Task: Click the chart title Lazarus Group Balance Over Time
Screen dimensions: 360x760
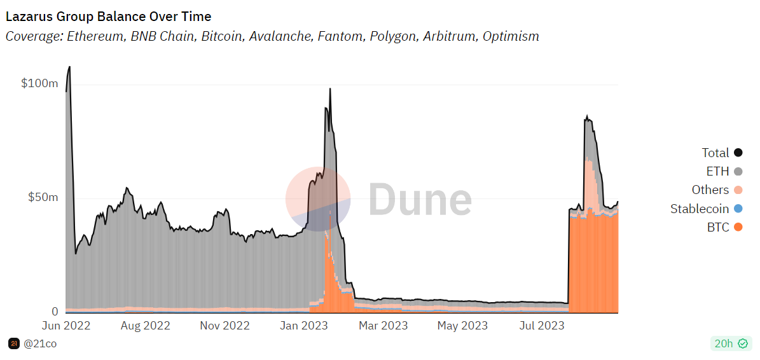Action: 108,17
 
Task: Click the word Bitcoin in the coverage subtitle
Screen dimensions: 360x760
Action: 222,36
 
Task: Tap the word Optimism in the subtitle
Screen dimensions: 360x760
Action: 511,36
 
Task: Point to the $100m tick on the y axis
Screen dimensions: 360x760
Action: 39,83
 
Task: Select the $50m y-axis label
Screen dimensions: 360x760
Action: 43,197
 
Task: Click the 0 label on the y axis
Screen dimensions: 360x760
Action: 55,312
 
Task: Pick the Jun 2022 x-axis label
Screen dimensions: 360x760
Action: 67,326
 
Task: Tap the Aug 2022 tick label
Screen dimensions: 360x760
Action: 146,326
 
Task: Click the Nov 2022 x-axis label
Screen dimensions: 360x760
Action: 225,326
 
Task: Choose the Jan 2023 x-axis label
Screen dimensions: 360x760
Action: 303,326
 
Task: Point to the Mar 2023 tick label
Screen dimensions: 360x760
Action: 383,326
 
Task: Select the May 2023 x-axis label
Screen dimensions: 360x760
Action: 462,326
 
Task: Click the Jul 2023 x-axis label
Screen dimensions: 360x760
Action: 541,326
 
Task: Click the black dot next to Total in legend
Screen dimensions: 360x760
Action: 738,153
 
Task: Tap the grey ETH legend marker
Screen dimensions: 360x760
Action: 738,171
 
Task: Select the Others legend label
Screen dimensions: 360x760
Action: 710,190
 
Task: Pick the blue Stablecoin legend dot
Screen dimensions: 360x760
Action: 738,209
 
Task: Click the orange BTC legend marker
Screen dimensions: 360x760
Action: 738,227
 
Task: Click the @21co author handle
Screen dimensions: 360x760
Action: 40,344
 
